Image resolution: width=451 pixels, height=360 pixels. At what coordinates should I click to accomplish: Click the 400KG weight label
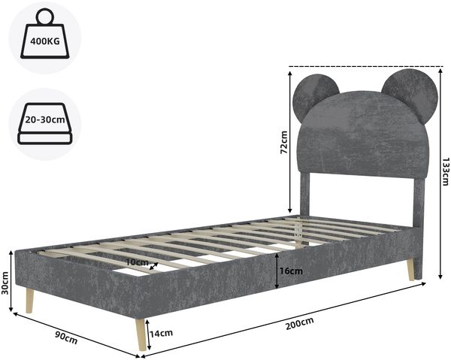click(x=45, y=41)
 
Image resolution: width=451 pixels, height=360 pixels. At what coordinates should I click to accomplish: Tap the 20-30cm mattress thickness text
click(x=45, y=119)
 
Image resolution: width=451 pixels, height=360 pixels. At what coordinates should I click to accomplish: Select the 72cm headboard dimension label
click(x=284, y=142)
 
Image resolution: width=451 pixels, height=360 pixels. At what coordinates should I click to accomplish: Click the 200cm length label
click(x=299, y=323)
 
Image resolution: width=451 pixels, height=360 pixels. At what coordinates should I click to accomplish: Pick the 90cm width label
click(x=66, y=337)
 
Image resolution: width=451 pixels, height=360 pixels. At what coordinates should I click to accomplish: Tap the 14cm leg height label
click(x=161, y=333)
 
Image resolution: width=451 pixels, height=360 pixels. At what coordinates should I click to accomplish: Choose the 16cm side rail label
click(x=292, y=271)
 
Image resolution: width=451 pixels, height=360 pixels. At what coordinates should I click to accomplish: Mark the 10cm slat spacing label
click(x=138, y=262)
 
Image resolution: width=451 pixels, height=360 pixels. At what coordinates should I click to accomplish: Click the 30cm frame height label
click(x=5, y=283)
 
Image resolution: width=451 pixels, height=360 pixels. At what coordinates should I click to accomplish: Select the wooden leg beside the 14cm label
click(x=141, y=334)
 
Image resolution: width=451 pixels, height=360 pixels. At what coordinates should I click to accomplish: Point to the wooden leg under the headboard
click(x=410, y=269)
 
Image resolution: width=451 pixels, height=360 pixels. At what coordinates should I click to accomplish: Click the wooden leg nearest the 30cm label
click(x=29, y=301)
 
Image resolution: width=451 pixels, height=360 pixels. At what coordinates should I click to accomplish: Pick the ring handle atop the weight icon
click(x=45, y=17)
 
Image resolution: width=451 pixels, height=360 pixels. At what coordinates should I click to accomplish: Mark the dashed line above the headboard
click(x=366, y=66)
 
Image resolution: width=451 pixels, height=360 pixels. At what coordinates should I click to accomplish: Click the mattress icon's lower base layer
click(x=44, y=138)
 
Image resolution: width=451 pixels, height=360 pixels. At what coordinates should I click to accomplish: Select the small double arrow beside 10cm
click(x=154, y=266)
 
